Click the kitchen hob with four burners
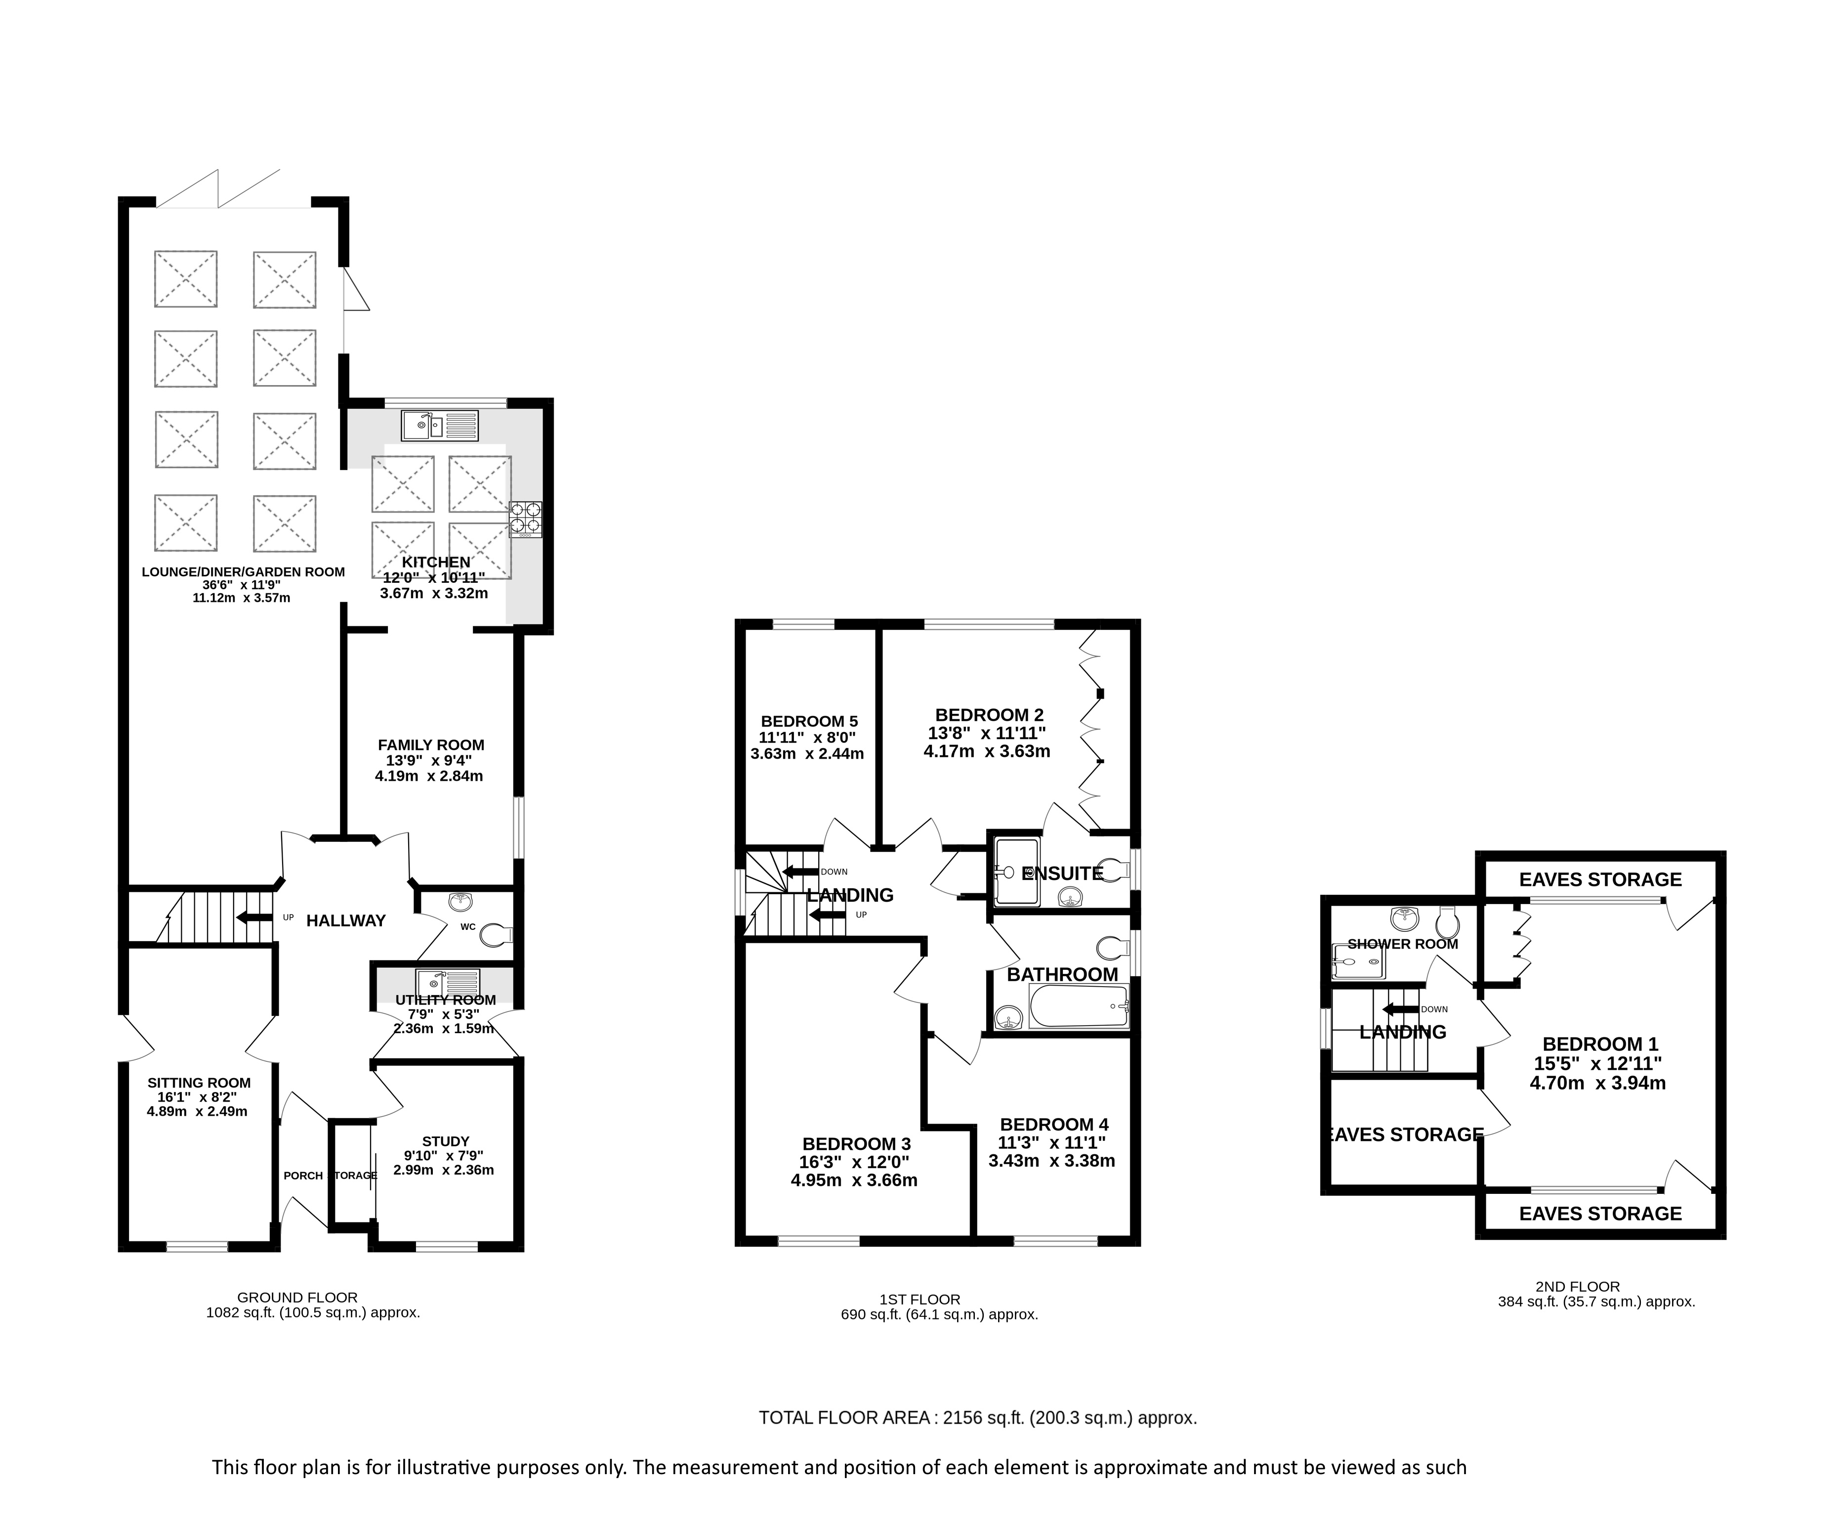coord(526,519)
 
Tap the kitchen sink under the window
coord(440,426)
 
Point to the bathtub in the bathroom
coord(1078,1007)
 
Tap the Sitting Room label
coord(199,1083)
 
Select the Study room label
coord(445,1141)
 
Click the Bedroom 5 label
coord(809,722)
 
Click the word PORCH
coord(303,1176)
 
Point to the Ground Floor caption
coord(298,1297)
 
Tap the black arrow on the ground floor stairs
coord(254,917)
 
